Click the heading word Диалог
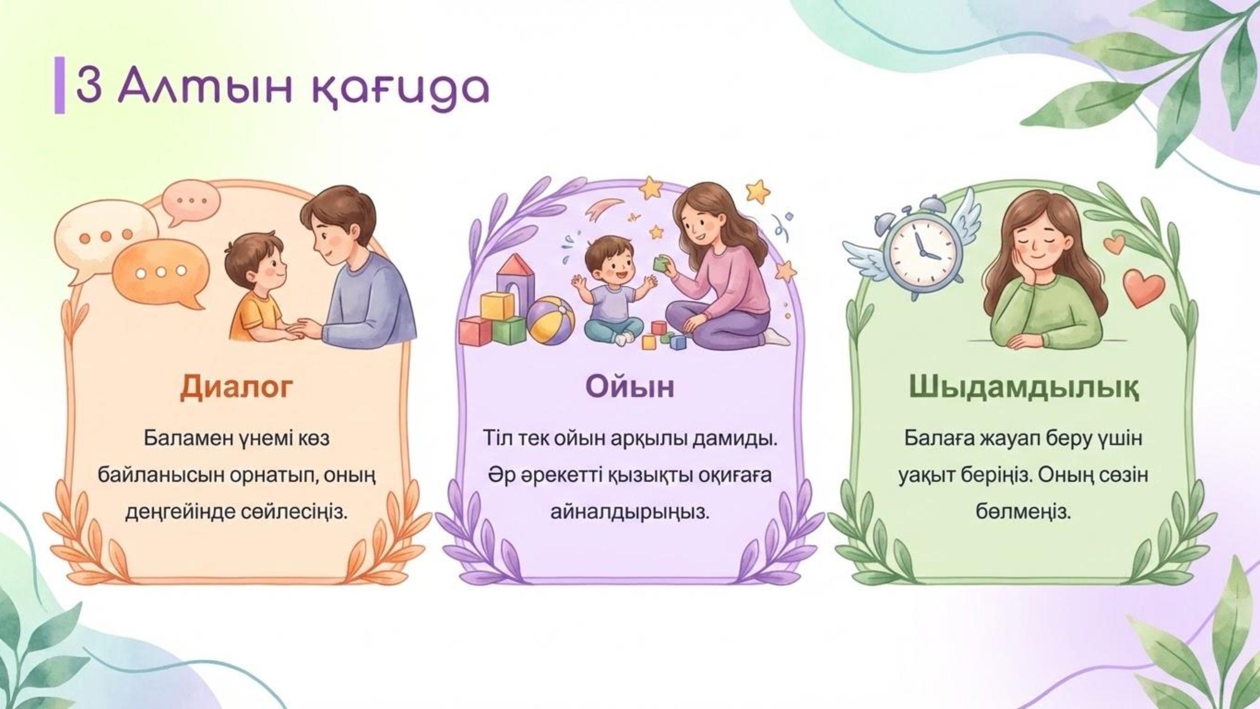tap(237, 387)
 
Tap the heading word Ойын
tap(630, 387)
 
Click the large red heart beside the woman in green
tap(1144, 288)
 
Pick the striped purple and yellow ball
tap(551, 321)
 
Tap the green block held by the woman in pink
tap(661, 264)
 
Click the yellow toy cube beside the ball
tap(497, 305)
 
